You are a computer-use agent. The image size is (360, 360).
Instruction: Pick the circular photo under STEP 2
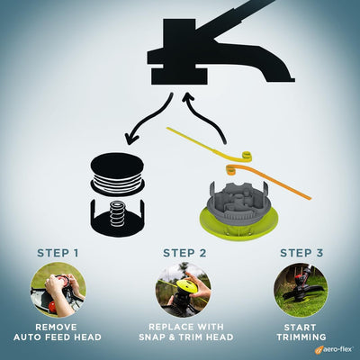184,288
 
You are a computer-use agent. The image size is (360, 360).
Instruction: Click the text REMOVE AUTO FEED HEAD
58,332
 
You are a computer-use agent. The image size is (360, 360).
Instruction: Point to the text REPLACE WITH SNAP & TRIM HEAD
184,332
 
